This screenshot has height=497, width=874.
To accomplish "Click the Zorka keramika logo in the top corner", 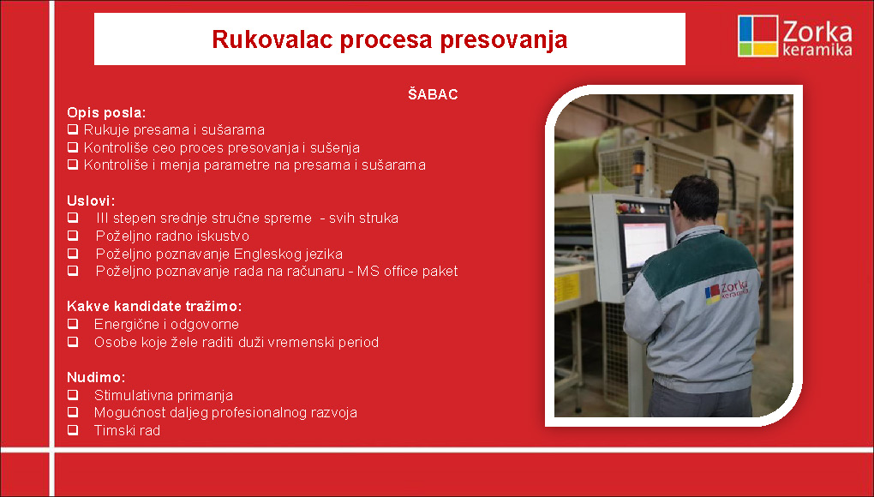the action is [x=795, y=36].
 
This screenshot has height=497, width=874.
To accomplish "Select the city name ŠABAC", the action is [x=433, y=94].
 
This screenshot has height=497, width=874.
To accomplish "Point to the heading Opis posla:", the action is [x=106, y=112].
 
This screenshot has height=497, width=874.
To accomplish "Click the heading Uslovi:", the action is [x=91, y=201].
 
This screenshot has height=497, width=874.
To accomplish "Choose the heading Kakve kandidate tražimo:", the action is [x=154, y=306].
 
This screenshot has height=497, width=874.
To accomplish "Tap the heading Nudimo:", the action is [x=96, y=377].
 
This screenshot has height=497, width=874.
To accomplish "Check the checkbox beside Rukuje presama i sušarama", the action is [x=73, y=130].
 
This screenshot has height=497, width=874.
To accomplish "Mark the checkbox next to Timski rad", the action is [x=73, y=430].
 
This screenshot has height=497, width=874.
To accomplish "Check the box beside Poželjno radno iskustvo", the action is [x=73, y=236].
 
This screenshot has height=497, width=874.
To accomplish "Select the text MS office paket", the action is [x=408, y=272].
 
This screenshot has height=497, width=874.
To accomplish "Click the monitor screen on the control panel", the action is [x=645, y=244].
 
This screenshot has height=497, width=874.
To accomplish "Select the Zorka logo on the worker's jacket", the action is [x=727, y=291].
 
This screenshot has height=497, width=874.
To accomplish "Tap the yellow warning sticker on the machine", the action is [x=567, y=287].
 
